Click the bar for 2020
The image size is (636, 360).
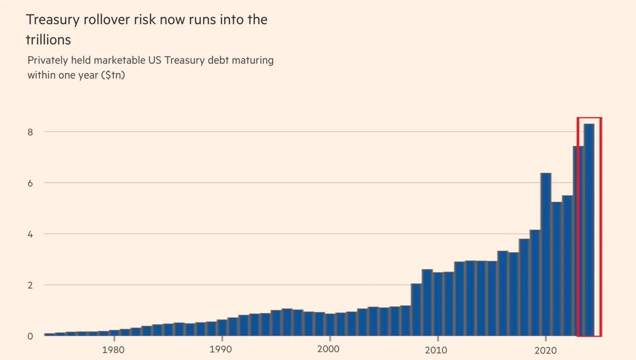pyautogui.click(x=546, y=255)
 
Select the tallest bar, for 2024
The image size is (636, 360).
pyautogui.click(x=589, y=230)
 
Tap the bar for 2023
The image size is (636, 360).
pyautogui.click(x=578, y=241)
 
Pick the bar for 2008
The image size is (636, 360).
pyautogui.click(x=416, y=310)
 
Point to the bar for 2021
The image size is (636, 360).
pyautogui.click(x=556, y=269)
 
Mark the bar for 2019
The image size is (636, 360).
pyautogui.click(x=535, y=283)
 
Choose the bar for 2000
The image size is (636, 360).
pyautogui.click(x=330, y=325)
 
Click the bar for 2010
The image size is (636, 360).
pyautogui.click(x=438, y=304)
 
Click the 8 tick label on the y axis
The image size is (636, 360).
pyautogui.click(x=30, y=132)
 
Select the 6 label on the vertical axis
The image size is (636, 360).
pyautogui.click(x=30, y=183)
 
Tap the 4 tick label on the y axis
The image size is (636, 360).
pyautogui.click(x=30, y=234)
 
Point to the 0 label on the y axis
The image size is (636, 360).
pyautogui.click(x=30, y=336)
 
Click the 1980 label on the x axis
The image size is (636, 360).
pyautogui.click(x=113, y=350)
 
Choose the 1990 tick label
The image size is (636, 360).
pyautogui.click(x=221, y=349)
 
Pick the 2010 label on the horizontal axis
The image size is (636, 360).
pyautogui.click(x=436, y=350)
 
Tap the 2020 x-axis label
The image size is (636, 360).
pyautogui.click(x=546, y=350)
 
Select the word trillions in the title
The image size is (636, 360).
pyautogui.click(x=48, y=40)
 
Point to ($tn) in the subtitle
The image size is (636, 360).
pyautogui.click(x=113, y=75)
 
